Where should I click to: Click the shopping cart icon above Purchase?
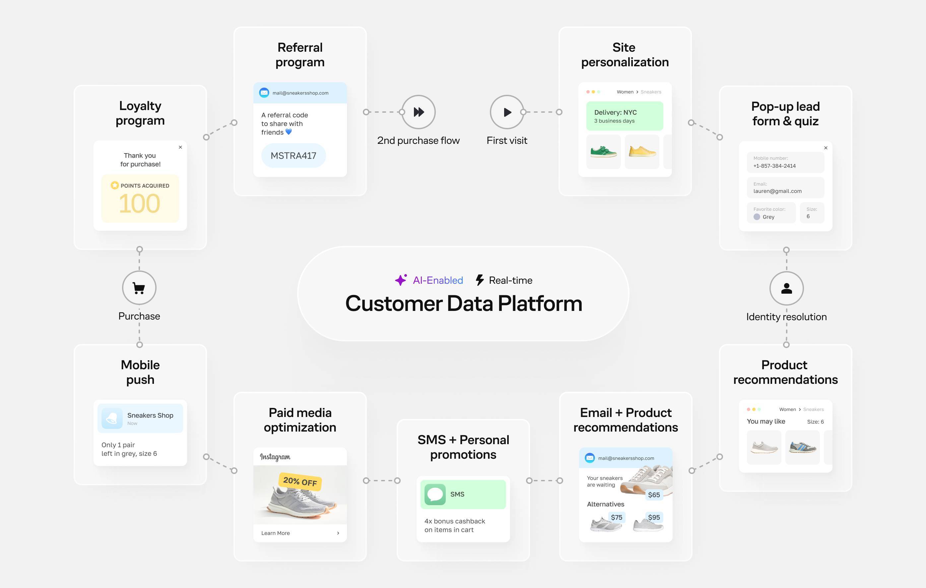pyautogui.click(x=139, y=288)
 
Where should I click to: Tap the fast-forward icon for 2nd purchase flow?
pyautogui.click(x=419, y=112)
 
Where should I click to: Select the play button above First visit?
pyautogui.click(x=507, y=112)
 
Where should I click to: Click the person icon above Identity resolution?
pyautogui.click(x=786, y=288)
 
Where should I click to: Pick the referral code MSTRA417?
pyautogui.click(x=294, y=156)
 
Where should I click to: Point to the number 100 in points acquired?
pyautogui.click(x=139, y=204)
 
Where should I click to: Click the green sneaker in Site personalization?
pyautogui.click(x=603, y=151)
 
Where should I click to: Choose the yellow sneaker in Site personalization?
pyautogui.click(x=642, y=151)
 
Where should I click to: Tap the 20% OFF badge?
pyautogui.click(x=300, y=482)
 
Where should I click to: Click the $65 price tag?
pyautogui.click(x=654, y=495)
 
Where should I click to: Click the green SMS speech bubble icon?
pyautogui.click(x=435, y=494)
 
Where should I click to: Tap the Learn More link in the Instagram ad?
pyautogui.click(x=275, y=533)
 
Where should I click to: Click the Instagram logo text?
pyautogui.click(x=275, y=456)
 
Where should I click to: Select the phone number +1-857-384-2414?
pyautogui.click(x=774, y=166)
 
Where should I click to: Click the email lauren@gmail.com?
pyautogui.click(x=777, y=191)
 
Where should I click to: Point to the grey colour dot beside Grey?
pyautogui.click(x=757, y=217)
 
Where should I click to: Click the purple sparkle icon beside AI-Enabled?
pyautogui.click(x=401, y=280)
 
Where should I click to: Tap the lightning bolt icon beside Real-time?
pyautogui.click(x=480, y=280)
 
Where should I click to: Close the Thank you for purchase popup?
pyautogui.click(x=180, y=147)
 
